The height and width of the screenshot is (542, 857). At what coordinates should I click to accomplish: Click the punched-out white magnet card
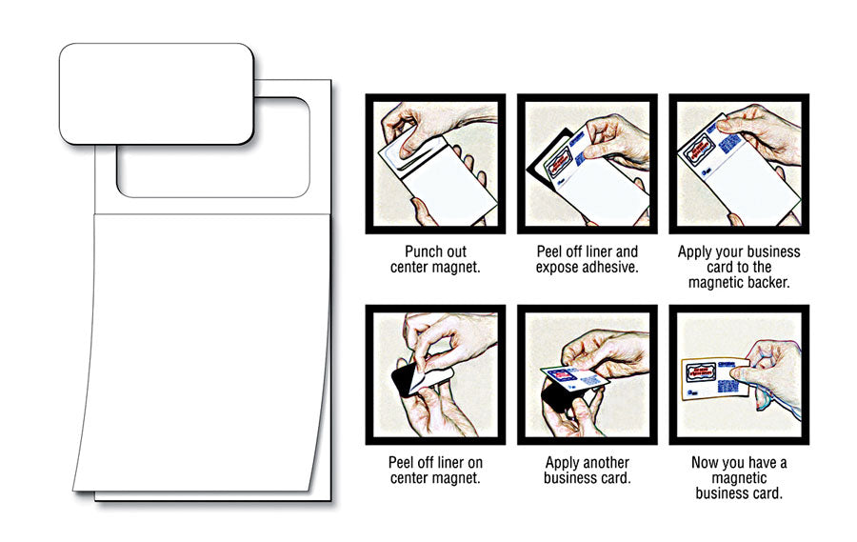click(x=156, y=94)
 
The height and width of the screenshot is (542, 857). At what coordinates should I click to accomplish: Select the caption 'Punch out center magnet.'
click(x=435, y=259)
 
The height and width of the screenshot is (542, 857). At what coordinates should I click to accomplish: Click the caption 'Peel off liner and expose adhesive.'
click(x=587, y=259)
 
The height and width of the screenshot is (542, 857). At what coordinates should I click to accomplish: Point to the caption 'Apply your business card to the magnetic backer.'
click(x=739, y=267)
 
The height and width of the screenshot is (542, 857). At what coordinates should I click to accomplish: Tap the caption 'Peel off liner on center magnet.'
click(x=435, y=471)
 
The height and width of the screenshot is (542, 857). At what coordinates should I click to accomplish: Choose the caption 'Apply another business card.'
click(x=587, y=471)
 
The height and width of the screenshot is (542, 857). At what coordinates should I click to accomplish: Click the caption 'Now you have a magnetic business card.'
click(x=739, y=478)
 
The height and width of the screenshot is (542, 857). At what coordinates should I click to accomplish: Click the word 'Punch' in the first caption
click(x=420, y=251)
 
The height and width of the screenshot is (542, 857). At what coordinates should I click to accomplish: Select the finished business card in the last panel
click(x=715, y=378)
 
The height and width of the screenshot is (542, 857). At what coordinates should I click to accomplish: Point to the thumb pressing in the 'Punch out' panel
click(x=411, y=143)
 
